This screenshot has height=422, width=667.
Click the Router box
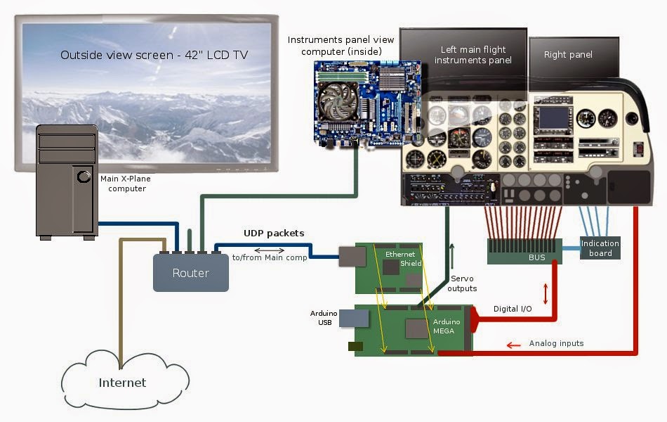(x=191, y=273)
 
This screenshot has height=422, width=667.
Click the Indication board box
(x=600, y=248)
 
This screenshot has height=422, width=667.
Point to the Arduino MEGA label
(x=447, y=326)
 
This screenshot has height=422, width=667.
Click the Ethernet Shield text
(x=401, y=258)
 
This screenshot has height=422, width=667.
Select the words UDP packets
(x=273, y=233)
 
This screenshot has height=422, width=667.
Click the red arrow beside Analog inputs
(x=514, y=345)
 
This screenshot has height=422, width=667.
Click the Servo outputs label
(x=462, y=283)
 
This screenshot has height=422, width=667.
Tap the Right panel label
(x=568, y=54)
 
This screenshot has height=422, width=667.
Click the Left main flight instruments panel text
(x=473, y=55)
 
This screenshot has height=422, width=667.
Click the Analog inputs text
(x=556, y=343)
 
